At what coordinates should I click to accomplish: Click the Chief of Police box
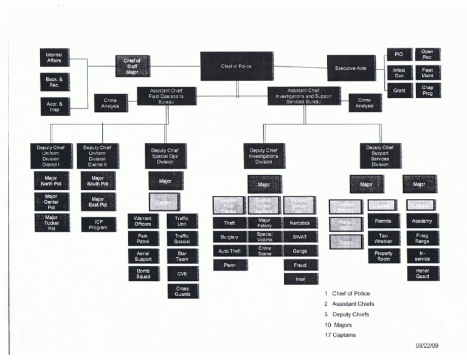[237, 66]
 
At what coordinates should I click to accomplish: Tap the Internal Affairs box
[54, 58]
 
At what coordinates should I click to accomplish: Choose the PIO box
[399, 55]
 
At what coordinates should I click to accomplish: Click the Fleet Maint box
[427, 73]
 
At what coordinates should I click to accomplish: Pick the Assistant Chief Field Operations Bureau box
[166, 97]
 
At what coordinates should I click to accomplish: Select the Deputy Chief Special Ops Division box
[166, 156]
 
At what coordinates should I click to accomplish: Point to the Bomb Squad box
[144, 274]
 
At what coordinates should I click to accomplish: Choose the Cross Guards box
[182, 291]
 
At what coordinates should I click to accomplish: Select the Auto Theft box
[230, 251]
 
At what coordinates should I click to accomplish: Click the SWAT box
[300, 237]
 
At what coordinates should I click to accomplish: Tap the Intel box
[300, 279]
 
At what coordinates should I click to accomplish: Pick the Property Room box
[383, 256]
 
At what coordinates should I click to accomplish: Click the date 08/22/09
[427, 345]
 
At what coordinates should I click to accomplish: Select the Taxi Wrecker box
[383, 238]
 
